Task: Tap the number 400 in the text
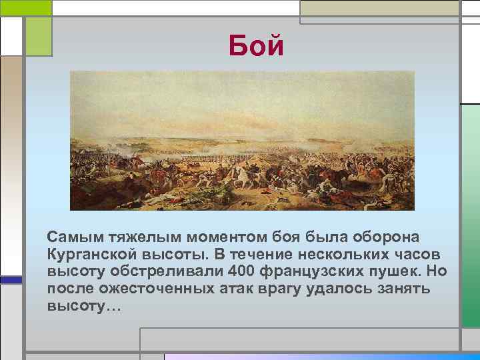(x=241, y=273)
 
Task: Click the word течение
(x=253, y=255)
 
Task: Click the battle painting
(x=242, y=140)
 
